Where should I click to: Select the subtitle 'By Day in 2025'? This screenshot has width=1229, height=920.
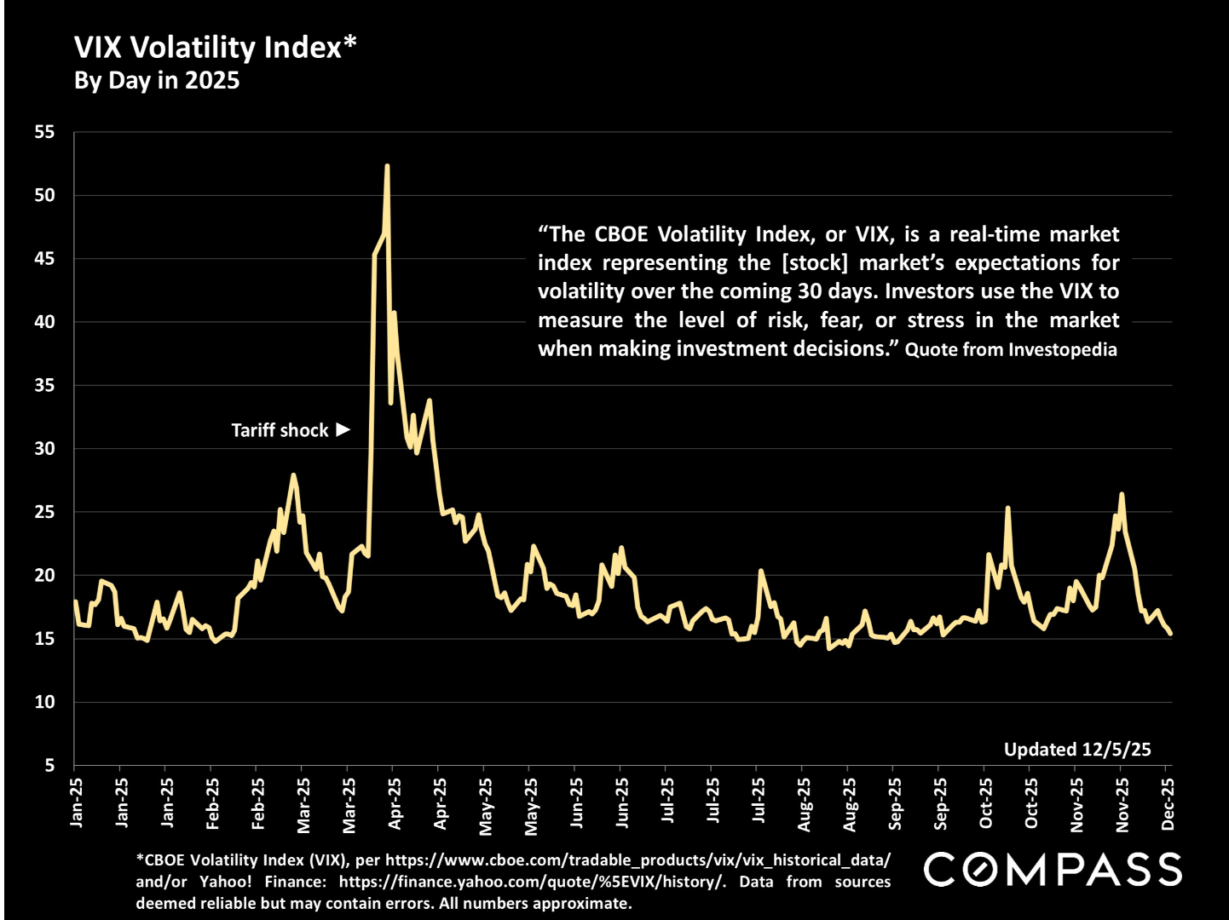coord(157,81)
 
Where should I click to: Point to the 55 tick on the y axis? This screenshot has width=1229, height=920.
coord(44,132)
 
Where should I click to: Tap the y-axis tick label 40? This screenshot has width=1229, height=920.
coord(44,322)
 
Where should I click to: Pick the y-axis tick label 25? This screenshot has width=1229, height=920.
coord(44,512)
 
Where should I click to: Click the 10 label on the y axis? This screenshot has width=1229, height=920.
coord(44,702)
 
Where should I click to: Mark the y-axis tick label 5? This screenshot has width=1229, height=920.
coord(49,765)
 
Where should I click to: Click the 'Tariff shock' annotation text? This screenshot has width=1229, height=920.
coord(280,430)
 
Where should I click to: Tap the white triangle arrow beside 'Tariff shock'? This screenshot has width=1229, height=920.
coord(343,429)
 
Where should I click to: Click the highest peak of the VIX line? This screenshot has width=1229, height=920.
coord(387,166)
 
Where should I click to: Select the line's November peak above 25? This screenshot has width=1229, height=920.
coord(1122,494)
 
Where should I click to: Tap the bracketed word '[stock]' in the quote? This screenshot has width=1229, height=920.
coord(815,263)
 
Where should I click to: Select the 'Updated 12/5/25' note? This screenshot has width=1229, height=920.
coord(1077,750)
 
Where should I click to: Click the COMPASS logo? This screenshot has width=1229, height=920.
coord(1053,870)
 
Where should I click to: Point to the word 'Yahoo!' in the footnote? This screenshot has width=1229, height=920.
coord(226,882)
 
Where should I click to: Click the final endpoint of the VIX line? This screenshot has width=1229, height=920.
coord(1171,634)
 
